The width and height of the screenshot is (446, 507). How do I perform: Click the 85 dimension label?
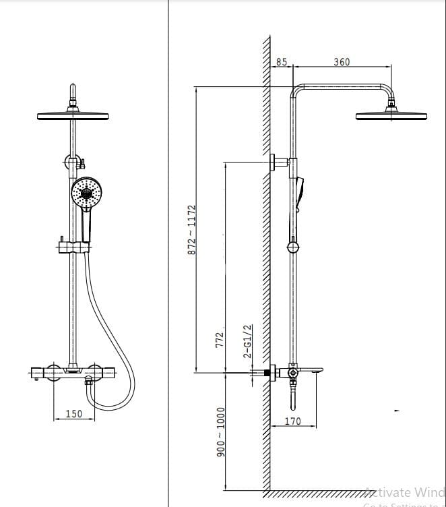click(281, 62)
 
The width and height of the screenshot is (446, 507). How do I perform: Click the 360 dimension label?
click(342, 62)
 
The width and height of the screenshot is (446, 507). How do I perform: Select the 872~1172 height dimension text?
click(191, 229)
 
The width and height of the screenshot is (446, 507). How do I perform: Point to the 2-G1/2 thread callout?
click(247, 341)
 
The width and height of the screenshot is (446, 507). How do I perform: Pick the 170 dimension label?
click(292, 421)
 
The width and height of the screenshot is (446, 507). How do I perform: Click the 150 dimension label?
click(74, 413)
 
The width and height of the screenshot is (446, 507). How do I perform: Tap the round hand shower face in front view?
click(87, 193)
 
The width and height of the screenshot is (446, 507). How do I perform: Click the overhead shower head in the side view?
click(383, 115)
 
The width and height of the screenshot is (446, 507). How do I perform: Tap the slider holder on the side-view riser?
click(292, 247)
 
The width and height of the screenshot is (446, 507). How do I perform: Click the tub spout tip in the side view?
click(317, 369)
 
